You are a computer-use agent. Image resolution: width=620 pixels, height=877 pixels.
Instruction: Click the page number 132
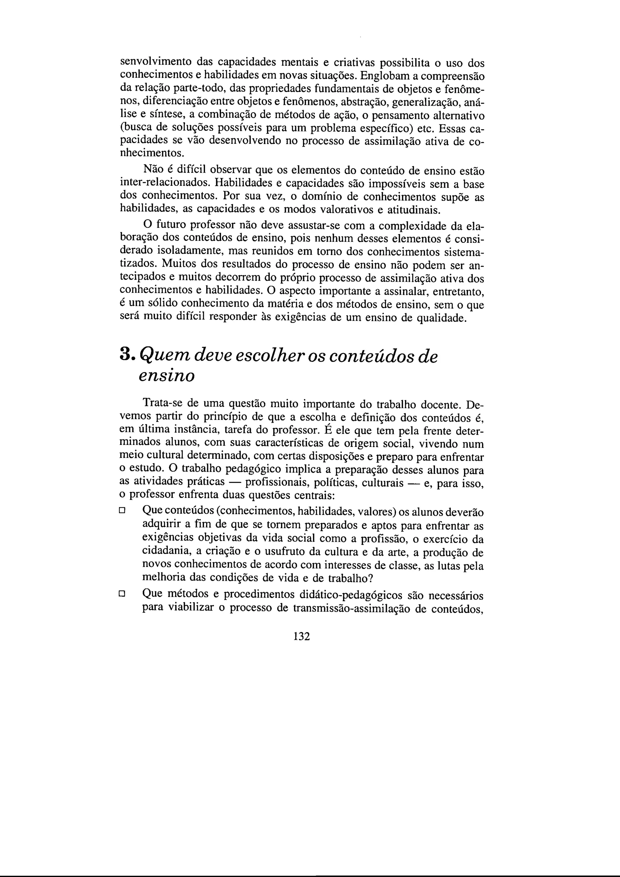coord(302,636)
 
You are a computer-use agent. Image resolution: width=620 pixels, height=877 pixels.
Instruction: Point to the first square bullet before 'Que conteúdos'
coord(122,510)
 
